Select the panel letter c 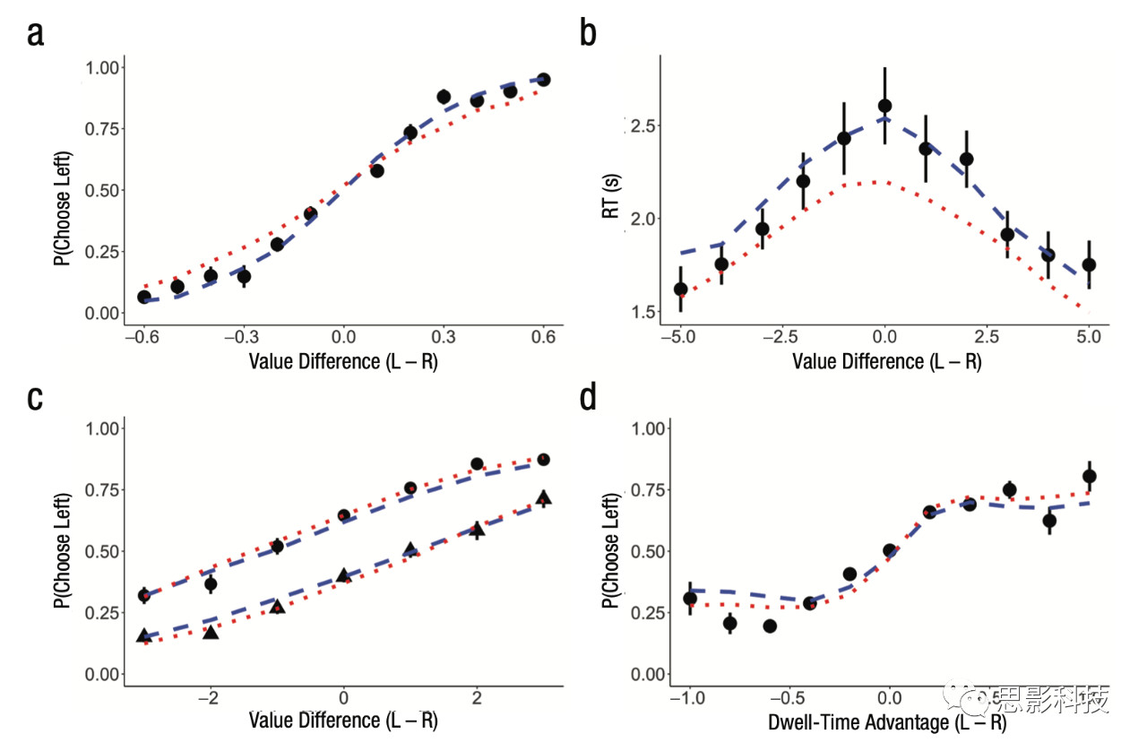(x=36, y=397)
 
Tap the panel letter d (x=589, y=397)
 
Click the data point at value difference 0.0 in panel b (x=884, y=106)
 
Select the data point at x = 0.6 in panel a (x=543, y=80)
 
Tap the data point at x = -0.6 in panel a (x=144, y=297)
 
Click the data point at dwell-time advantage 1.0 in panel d (x=1090, y=477)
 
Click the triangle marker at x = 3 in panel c (x=543, y=497)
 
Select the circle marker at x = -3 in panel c (x=144, y=595)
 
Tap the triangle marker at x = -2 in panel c (x=211, y=632)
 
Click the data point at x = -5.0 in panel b (x=681, y=289)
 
